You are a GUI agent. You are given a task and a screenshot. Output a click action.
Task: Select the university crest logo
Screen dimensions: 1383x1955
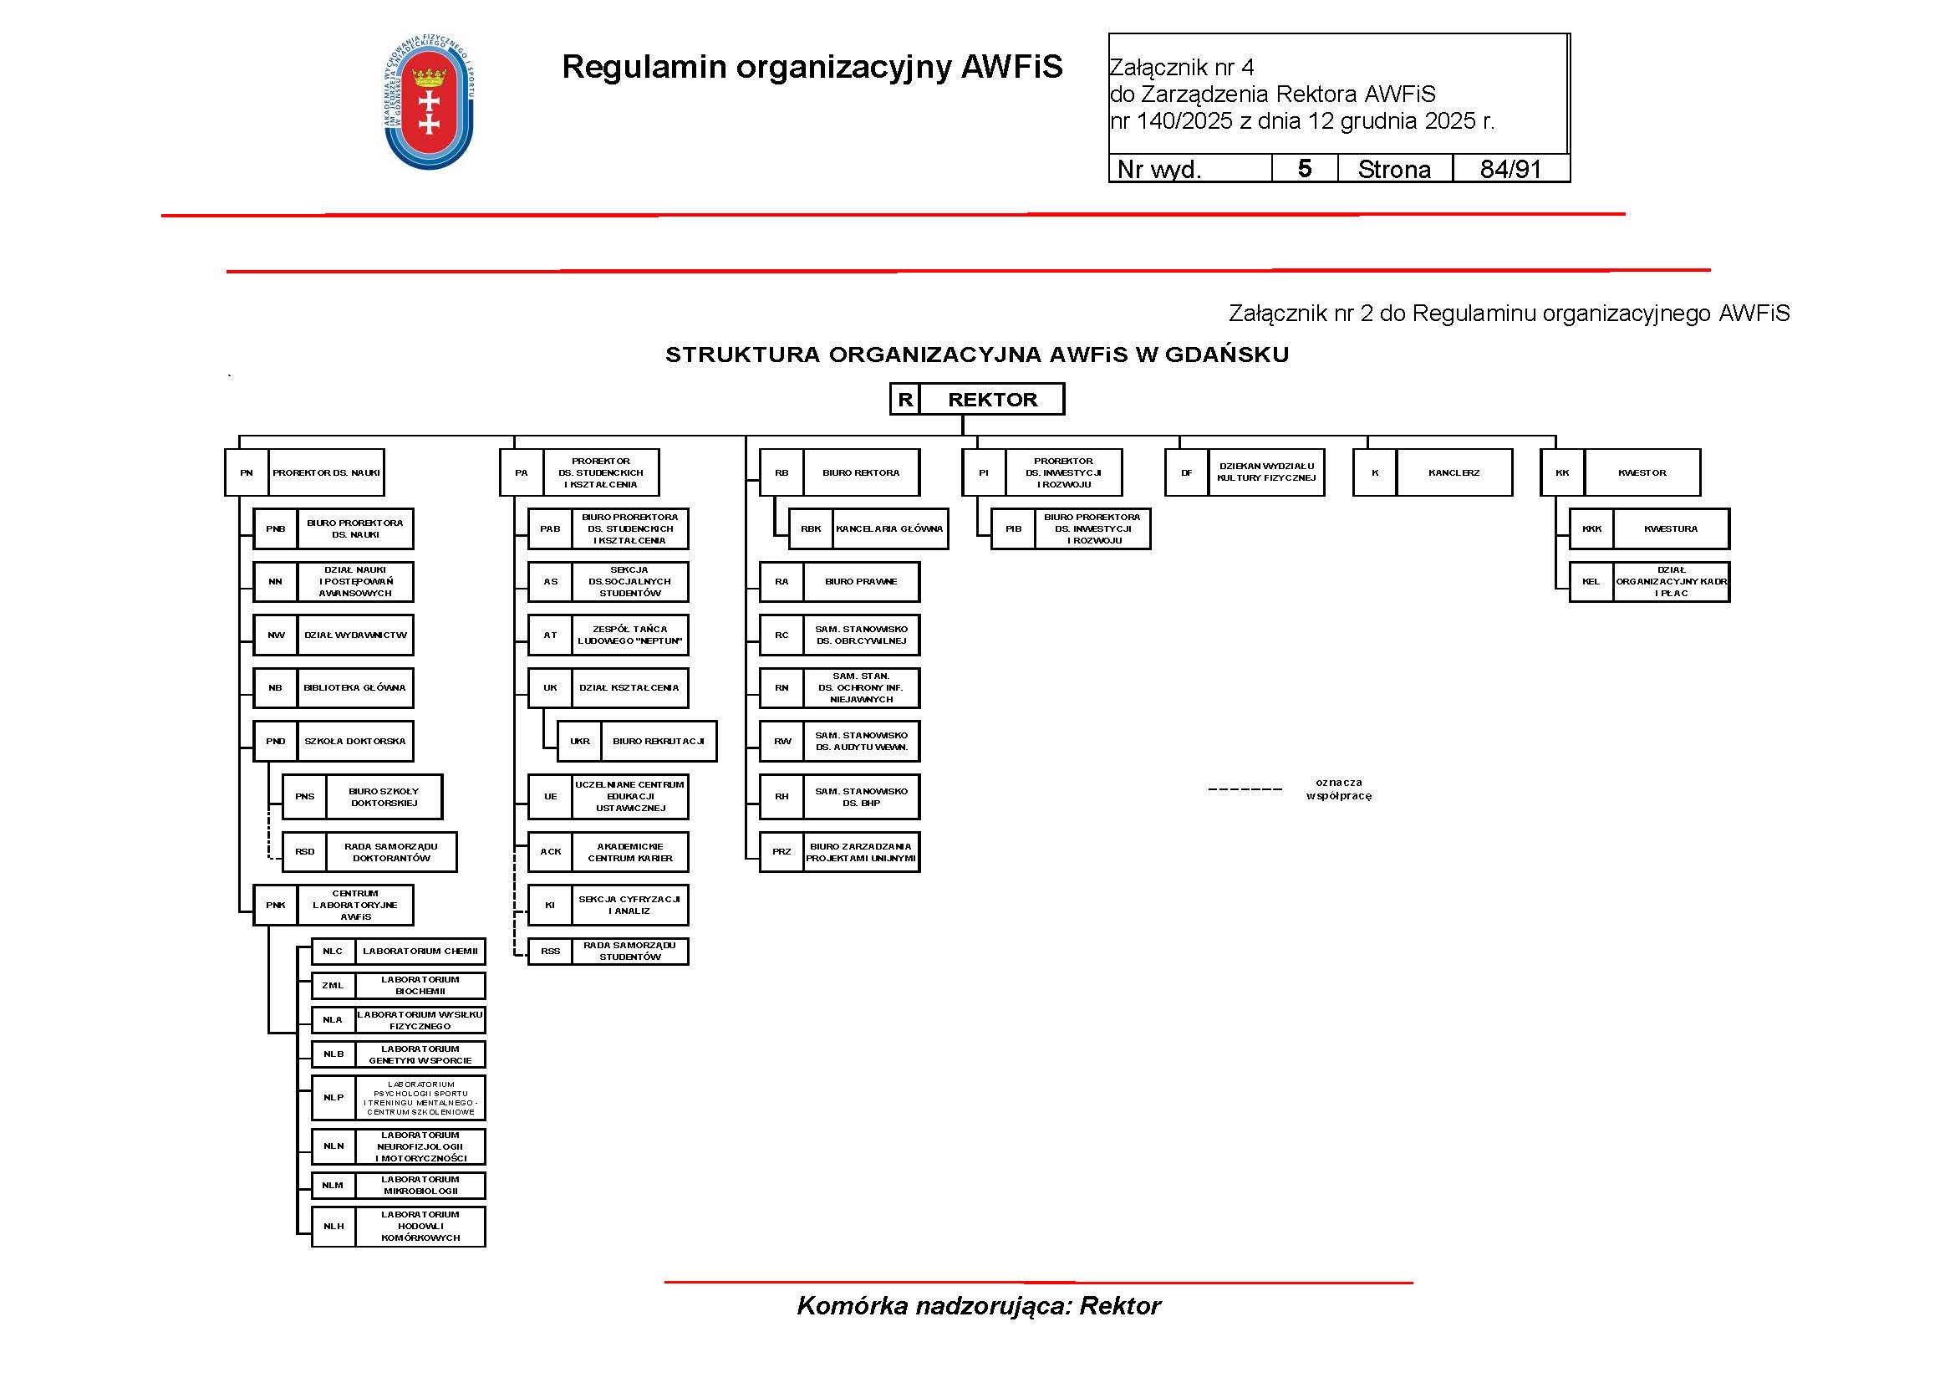(x=429, y=103)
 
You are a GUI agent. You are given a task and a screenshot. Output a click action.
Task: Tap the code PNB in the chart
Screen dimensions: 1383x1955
(x=275, y=528)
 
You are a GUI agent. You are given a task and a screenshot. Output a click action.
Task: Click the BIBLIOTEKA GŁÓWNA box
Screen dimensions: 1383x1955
(x=355, y=688)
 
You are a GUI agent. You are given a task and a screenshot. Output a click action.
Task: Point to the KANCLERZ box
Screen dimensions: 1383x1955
(x=1454, y=472)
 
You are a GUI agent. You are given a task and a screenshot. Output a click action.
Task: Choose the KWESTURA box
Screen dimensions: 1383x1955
(x=1671, y=528)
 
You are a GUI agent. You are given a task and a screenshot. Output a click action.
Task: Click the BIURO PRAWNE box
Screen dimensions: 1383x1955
(x=861, y=582)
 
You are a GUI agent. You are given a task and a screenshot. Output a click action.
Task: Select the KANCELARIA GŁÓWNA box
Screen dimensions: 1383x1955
(x=889, y=528)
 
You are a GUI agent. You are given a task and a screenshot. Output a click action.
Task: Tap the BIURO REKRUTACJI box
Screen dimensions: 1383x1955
(x=658, y=741)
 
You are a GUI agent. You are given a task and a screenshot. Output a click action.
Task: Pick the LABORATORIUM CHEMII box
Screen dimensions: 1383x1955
(x=420, y=952)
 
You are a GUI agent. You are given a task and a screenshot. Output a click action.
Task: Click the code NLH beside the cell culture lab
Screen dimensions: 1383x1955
(x=333, y=1227)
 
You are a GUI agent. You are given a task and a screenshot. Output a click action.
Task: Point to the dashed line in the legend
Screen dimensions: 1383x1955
(x=1245, y=789)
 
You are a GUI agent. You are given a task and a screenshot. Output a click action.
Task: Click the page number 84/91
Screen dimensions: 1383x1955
(x=1510, y=169)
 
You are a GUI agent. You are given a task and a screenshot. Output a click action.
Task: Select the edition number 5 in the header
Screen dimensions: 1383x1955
(x=1305, y=169)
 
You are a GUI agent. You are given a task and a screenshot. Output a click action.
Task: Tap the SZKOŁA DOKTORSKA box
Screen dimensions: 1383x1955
(x=355, y=741)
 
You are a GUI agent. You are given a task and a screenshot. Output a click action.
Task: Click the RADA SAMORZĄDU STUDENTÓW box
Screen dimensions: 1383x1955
(x=629, y=952)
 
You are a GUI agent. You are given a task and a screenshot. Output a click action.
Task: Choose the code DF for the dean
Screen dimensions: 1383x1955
(x=1186, y=472)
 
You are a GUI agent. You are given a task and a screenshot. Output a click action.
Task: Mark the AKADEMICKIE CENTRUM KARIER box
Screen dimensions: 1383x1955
(x=629, y=852)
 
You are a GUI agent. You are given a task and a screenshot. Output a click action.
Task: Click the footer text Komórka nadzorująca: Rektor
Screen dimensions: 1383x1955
(x=979, y=1306)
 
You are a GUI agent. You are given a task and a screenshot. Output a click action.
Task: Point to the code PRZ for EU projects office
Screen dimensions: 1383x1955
(x=781, y=851)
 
